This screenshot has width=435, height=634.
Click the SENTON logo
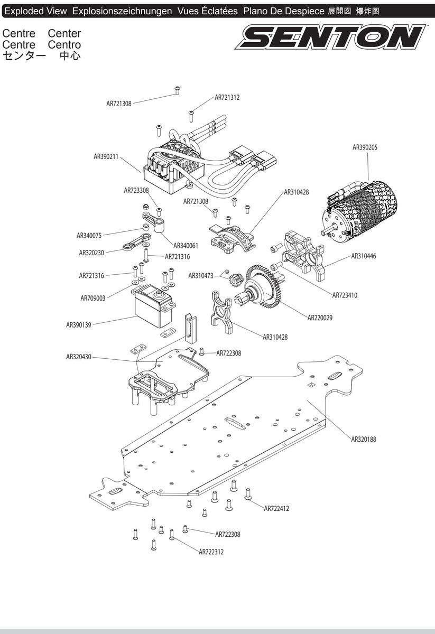[330, 37]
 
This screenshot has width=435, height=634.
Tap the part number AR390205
[365, 147]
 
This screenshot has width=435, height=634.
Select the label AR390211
[106, 156]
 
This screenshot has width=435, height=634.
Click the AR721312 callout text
[227, 97]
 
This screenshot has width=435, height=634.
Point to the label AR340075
[89, 236]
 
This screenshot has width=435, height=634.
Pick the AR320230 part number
[91, 253]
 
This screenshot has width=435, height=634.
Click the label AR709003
[93, 298]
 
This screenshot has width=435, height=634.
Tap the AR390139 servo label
[78, 325]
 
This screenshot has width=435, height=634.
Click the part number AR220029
[320, 318]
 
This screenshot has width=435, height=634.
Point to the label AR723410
[345, 295]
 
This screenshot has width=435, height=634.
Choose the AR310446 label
[364, 256]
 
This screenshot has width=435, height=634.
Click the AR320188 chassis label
[364, 439]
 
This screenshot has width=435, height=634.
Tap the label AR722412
[276, 509]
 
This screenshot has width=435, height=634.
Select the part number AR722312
[211, 552]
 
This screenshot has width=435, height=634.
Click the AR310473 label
[201, 276]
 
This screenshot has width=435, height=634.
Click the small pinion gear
[235, 279]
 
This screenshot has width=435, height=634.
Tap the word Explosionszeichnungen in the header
[122, 11]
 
